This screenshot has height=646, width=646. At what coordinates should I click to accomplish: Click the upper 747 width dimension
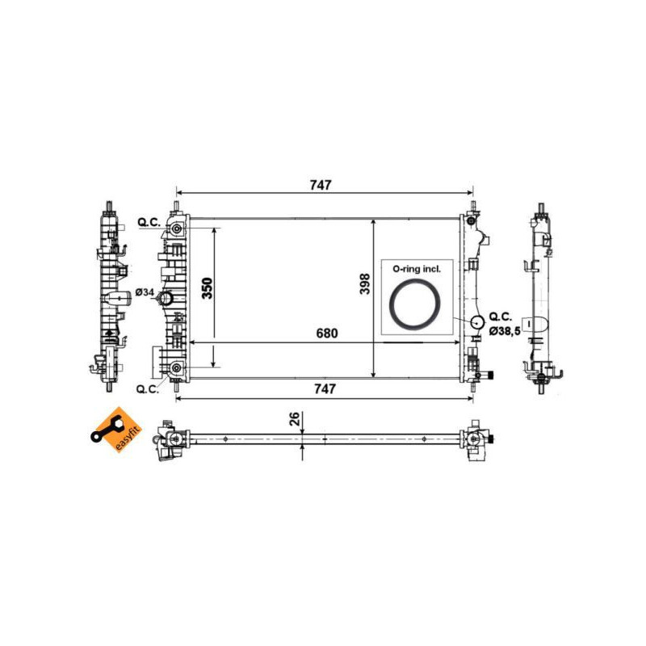(321, 186)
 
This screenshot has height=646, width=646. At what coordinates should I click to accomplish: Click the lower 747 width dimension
(325, 389)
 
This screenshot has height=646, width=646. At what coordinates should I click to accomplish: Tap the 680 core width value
(327, 333)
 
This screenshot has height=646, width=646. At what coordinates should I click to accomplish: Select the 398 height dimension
(365, 284)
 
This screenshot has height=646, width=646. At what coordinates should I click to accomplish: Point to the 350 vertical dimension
(208, 288)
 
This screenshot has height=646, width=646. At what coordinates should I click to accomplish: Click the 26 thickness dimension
(295, 419)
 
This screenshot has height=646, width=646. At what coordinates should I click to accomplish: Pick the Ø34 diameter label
(145, 292)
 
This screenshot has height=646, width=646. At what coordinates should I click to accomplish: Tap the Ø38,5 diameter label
(505, 330)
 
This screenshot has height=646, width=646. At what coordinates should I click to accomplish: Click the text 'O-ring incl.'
(417, 269)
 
